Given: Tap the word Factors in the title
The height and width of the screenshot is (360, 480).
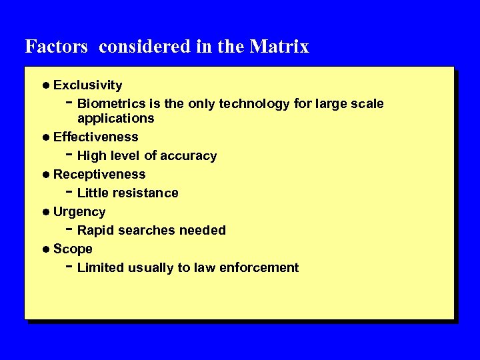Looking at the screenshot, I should [x=56, y=47].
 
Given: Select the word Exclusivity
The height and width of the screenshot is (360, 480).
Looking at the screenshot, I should [x=87, y=85].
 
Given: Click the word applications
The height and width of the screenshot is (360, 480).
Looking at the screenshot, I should [x=115, y=119].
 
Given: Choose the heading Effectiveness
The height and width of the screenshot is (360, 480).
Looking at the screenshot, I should [x=95, y=137].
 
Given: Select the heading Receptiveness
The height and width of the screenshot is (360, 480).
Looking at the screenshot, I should [x=99, y=175].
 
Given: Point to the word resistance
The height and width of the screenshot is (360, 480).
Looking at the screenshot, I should [x=145, y=193].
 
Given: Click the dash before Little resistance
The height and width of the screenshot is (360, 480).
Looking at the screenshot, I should [x=69, y=192].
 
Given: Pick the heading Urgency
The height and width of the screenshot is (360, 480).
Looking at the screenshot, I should [x=79, y=212].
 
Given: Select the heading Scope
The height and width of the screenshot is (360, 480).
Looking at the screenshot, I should [x=73, y=249].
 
